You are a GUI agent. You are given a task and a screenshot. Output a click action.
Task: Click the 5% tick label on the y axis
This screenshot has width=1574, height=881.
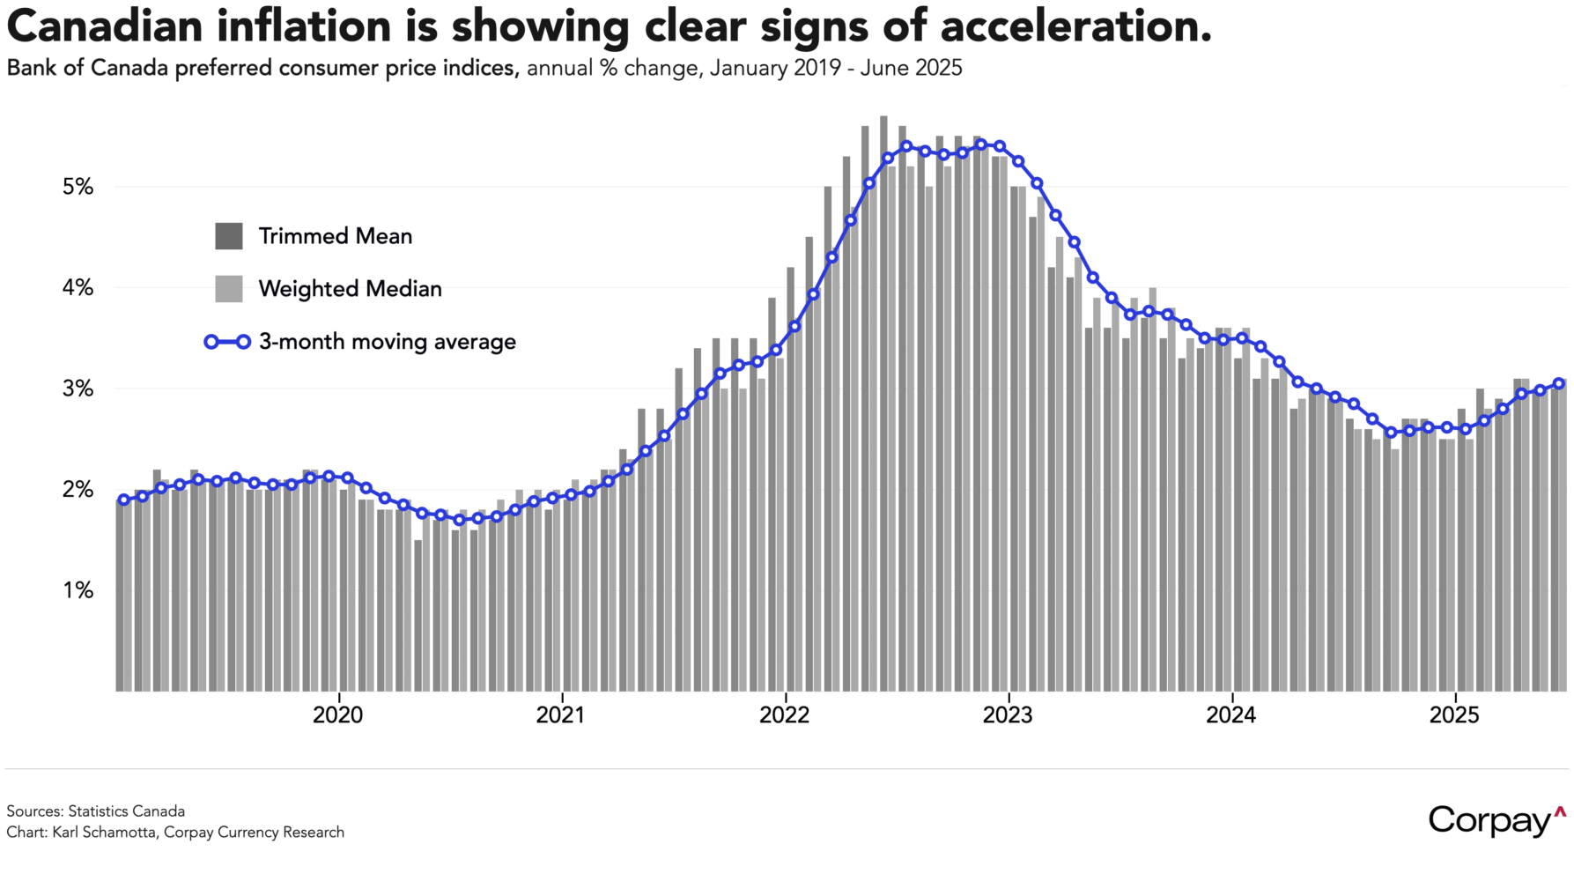click(78, 187)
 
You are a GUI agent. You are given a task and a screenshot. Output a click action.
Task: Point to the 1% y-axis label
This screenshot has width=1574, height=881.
click(78, 590)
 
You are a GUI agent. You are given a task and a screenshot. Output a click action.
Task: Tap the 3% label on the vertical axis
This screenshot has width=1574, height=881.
click(78, 389)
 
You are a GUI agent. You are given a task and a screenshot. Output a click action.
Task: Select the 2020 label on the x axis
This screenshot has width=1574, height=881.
click(337, 715)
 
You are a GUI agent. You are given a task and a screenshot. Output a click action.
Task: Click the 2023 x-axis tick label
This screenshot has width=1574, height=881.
click(1008, 715)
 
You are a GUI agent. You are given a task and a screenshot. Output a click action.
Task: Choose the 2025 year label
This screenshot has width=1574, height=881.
click(1454, 715)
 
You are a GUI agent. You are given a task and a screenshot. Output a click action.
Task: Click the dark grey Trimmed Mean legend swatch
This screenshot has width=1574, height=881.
click(229, 236)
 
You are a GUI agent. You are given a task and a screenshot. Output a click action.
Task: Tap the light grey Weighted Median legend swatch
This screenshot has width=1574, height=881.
click(229, 289)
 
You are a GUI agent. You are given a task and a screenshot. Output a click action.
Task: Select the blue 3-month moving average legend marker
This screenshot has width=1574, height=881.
click(227, 342)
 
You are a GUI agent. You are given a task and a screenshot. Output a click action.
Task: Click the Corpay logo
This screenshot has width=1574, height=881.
click(1496, 820)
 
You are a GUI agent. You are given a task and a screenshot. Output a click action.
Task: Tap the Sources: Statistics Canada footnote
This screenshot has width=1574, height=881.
click(96, 811)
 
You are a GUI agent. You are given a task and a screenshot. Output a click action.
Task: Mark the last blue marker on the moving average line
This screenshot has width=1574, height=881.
click(1559, 383)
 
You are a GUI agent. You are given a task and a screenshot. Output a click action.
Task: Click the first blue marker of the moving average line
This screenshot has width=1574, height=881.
click(124, 500)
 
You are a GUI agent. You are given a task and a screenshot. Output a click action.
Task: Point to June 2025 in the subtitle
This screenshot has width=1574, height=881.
click(911, 68)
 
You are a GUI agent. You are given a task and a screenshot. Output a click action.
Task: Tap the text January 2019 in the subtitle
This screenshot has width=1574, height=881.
click(775, 68)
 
